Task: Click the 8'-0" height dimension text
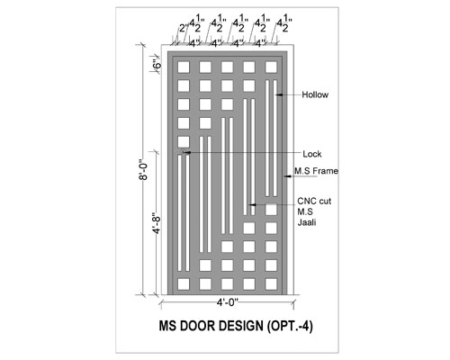pos(144,169)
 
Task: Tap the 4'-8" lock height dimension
pos(157,223)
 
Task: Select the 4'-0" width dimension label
pos(228,302)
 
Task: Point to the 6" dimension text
pos(157,65)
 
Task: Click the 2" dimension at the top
pos(184,29)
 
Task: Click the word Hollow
pos(315,94)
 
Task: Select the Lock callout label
pos(312,154)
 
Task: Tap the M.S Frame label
pos(316,171)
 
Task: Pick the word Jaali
pos(307,222)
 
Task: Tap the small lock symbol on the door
pos(183,151)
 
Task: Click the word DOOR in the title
pos(197,326)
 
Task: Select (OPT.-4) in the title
pos(290,326)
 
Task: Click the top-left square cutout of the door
pos(184,67)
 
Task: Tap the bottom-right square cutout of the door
pos(271,283)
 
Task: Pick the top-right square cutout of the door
pos(271,67)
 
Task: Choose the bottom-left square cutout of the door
pos(184,283)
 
